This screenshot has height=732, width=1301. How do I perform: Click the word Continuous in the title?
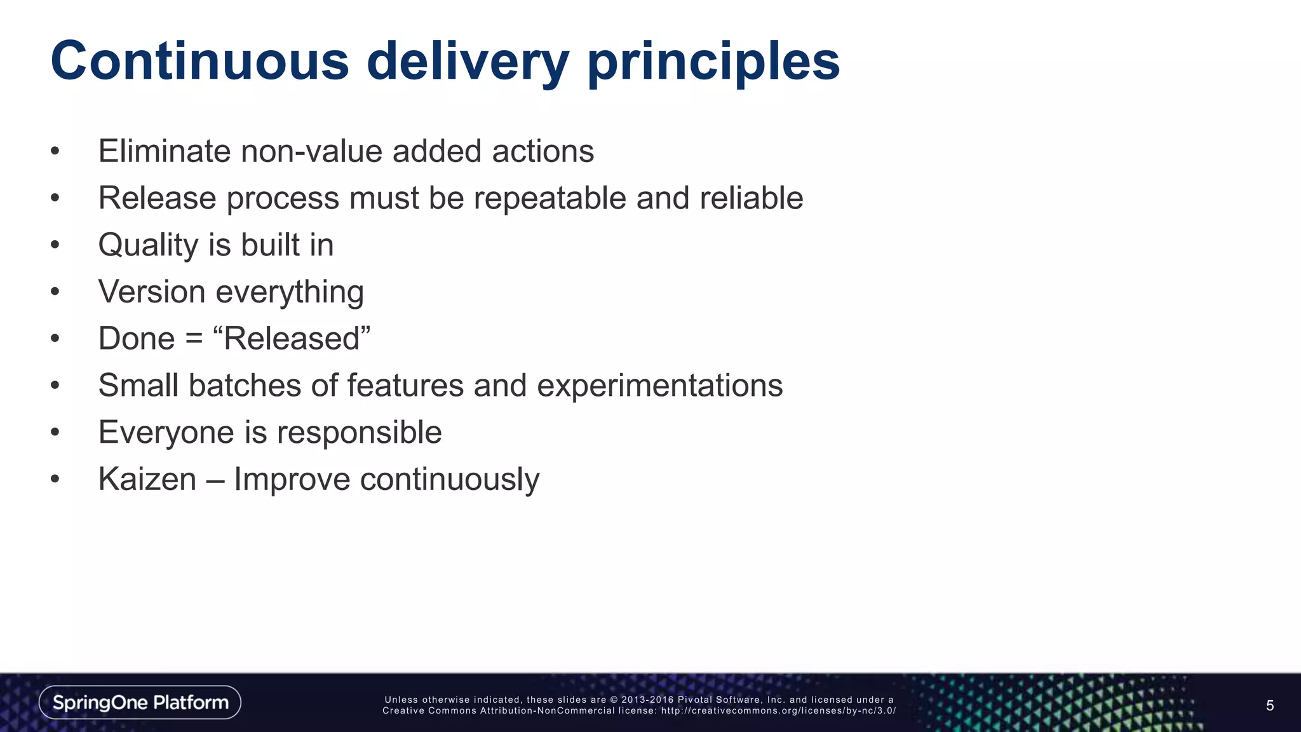[x=199, y=61]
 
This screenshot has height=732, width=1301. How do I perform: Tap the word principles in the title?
[x=713, y=62]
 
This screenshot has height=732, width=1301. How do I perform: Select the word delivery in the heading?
[x=468, y=62]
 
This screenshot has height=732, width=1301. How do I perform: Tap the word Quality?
[x=148, y=245]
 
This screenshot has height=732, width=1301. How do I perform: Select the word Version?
[x=152, y=292]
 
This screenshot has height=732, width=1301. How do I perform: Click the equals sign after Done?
[x=194, y=339]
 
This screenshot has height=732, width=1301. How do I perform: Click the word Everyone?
[x=166, y=433]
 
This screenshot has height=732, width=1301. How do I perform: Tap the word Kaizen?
[x=147, y=479]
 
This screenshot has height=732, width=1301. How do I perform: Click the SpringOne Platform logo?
[x=140, y=702]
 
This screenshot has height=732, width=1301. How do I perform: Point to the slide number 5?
[x=1269, y=705]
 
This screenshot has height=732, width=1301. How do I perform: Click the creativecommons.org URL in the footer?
[x=778, y=710]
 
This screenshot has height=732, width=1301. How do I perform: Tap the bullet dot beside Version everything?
[x=55, y=292]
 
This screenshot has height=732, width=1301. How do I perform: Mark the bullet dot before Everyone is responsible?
[x=55, y=433]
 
